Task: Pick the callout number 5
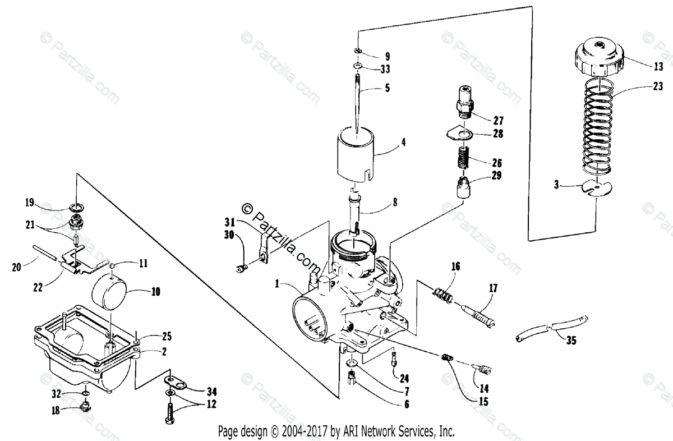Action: [x=387, y=88]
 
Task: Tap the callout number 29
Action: [x=497, y=176]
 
